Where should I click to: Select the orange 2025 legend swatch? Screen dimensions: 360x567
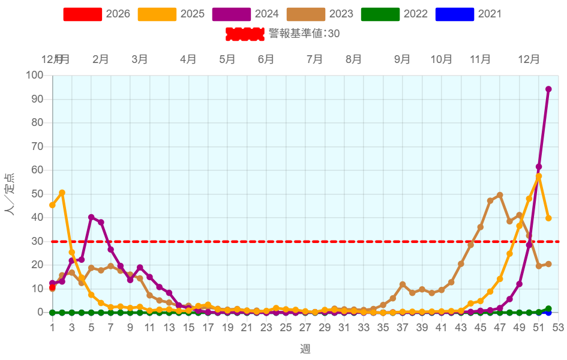157,14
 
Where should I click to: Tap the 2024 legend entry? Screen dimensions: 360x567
246,14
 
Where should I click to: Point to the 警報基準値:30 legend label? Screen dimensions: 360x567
304,34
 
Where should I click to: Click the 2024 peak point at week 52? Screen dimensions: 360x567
548,89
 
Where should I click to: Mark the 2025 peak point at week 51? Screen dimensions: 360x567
539,177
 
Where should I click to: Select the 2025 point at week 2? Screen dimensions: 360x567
62,193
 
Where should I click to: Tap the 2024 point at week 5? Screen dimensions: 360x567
91,217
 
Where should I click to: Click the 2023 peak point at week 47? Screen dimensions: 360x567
500,195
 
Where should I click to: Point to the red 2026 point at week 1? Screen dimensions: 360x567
52,288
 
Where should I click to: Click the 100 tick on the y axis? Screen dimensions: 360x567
35,76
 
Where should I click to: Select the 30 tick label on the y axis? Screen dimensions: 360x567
38,241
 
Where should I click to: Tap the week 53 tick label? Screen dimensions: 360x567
558,328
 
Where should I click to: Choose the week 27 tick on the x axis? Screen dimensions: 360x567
305,328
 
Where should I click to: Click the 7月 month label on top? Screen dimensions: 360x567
315,59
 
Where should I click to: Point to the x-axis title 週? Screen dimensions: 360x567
305,349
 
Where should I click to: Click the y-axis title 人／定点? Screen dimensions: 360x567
10,194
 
